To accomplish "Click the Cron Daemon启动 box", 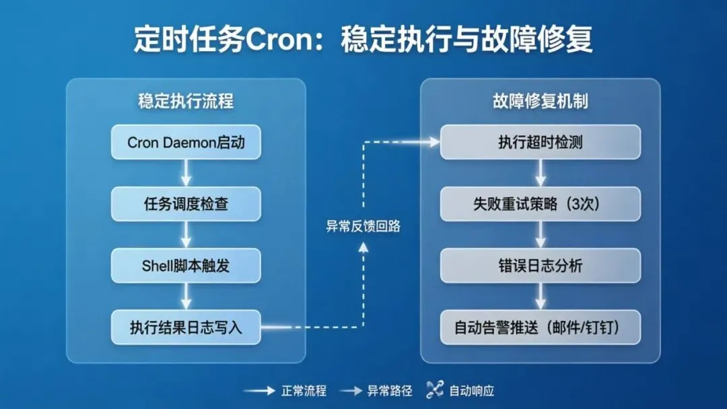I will [x=185, y=143].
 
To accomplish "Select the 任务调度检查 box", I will [x=185, y=204].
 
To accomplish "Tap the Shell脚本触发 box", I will [x=185, y=265].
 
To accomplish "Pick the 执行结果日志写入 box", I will [x=185, y=328].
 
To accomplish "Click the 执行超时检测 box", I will [x=540, y=143].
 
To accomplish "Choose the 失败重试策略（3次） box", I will [x=540, y=204].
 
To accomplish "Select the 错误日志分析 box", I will [x=540, y=266].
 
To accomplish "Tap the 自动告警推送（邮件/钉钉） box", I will [x=540, y=328].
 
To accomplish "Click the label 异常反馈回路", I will [x=363, y=227].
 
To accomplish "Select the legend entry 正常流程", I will [x=303, y=390].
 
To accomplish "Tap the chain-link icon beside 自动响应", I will [x=434, y=389].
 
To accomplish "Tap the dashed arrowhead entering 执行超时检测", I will [x=433, y=142].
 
